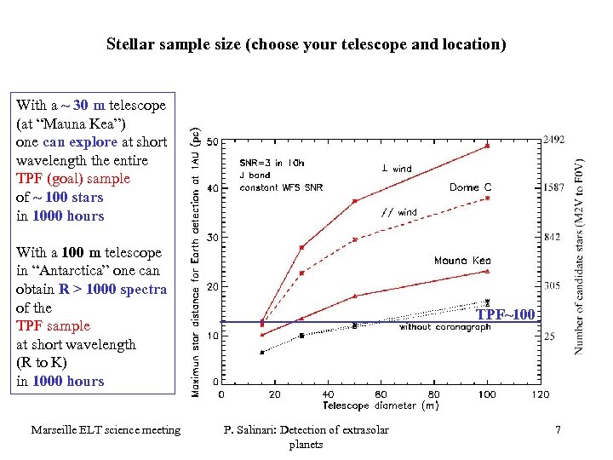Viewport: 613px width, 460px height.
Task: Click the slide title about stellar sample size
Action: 306,43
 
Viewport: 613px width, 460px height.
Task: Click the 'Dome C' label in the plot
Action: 470,187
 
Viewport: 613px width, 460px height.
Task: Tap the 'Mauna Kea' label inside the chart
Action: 462,261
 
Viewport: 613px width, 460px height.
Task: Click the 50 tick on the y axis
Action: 212,141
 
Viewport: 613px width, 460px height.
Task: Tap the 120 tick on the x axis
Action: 540,394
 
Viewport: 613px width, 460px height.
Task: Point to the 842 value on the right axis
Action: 552,237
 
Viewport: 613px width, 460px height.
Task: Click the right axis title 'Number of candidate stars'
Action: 579,256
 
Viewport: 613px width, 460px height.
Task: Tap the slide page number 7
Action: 558,430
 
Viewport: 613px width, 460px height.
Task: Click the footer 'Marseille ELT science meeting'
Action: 106,430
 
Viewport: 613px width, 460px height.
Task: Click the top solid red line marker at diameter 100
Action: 487,146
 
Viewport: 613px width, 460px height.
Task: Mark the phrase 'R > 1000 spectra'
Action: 112,290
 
